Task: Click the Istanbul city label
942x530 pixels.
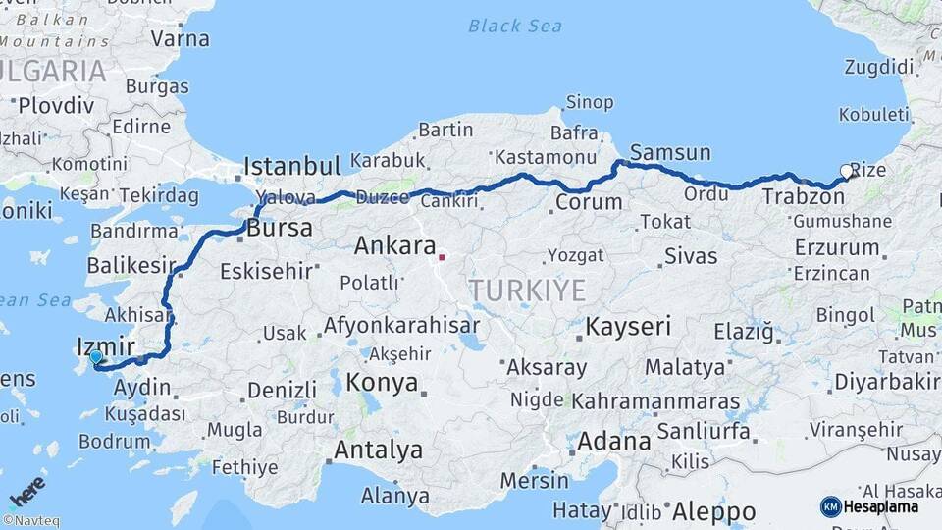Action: tap(291, 165)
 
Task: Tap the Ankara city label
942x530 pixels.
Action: tap(394, 245)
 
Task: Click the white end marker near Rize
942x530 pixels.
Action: tap(847, 172)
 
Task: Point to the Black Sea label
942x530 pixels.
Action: tap(515, 26)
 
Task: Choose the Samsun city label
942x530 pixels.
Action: tap(670, 152)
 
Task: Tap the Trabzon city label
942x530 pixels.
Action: tap(803, 198)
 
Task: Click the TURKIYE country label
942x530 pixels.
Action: tap(527, 291)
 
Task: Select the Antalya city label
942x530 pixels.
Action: tap(379, 450)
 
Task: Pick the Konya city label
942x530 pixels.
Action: tap(383, 383)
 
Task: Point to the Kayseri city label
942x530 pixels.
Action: tap(628, 326)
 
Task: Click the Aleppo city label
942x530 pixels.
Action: tap(714, 511)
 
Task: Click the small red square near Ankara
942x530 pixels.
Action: tap(442, 258)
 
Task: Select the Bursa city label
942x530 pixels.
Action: tap(280, 229)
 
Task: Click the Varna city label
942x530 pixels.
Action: tap(181, 39)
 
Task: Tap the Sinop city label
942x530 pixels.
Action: tap(590, 102)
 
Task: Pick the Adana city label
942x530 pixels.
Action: tap(613, 442)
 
